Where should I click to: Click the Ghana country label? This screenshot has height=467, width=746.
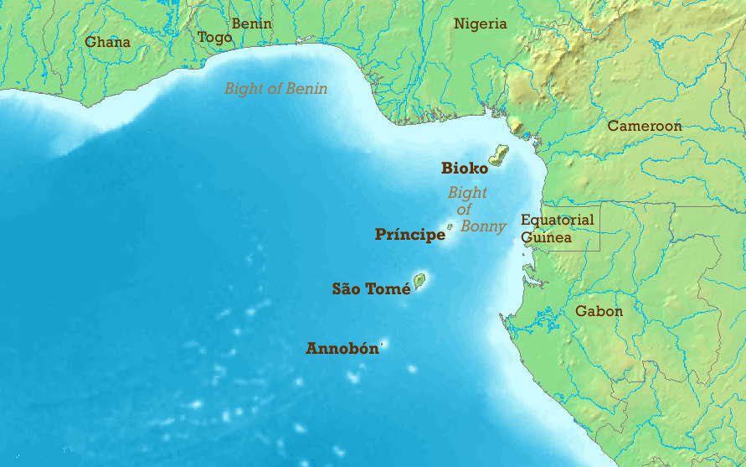(x=107, y=41)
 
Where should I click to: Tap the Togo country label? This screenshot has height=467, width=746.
(x=214, y=37)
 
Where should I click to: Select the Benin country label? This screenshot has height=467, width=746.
(x=251, y=23)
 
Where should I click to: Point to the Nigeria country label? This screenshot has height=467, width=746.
(x=480, y=23)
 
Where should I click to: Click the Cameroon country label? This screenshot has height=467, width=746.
(x=644, y=126)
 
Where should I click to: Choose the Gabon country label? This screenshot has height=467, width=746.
(x=599, y=311)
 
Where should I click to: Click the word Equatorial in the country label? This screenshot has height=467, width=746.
(x=557, y=220)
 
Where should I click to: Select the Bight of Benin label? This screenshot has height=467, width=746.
(x=275, y=88)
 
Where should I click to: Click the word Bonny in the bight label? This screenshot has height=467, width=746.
(x=483, y=226)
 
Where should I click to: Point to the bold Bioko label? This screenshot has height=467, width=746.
(x=464, y=169)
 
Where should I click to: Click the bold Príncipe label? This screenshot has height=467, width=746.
(x=409, y=235)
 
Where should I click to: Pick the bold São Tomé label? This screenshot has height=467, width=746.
(x=371, y=289)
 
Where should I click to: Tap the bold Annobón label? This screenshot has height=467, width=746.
(x=342, y=348)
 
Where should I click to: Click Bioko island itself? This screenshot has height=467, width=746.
(x=499, y=155)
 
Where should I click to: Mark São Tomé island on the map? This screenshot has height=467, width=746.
(x=419, y=280)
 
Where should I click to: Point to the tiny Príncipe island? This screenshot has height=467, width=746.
(x=450, y=226)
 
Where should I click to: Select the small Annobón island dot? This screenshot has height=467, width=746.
(x=384, y=343)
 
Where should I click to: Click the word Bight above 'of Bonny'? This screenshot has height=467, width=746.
(x=466, y=193)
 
